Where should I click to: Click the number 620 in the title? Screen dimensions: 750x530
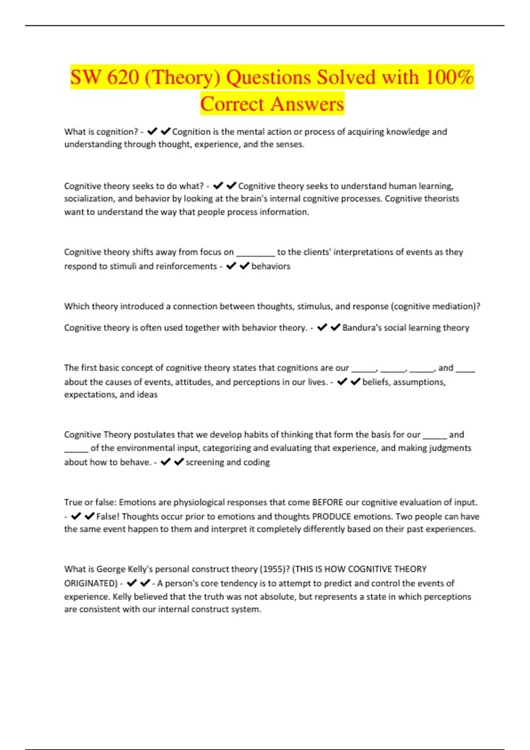(x=123, y=78)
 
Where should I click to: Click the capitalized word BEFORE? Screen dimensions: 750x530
(x=327, y=502)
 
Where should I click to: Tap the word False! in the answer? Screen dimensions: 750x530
(x=107, y=516)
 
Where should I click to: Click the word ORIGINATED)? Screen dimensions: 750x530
(x=91, y=583)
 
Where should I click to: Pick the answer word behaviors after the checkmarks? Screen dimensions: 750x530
(x=271, y=266)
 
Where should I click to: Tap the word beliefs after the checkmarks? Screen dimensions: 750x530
(x=375, y=382)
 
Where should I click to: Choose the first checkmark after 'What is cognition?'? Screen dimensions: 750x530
(x=152, y=131)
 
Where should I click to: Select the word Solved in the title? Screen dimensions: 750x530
(x=345, y=78)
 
